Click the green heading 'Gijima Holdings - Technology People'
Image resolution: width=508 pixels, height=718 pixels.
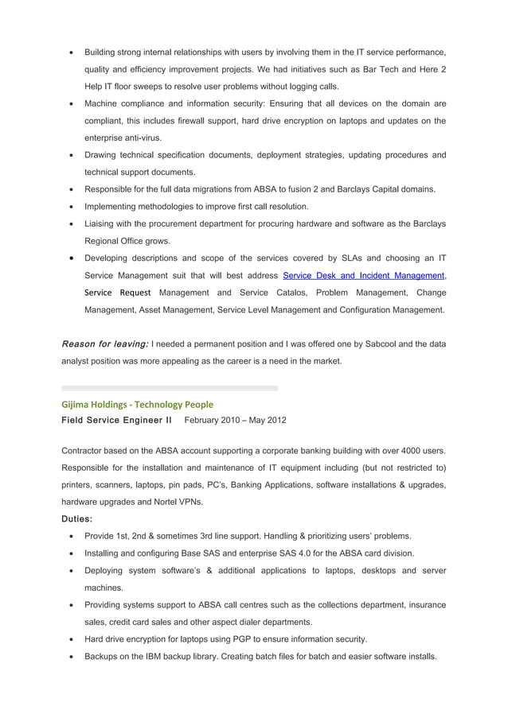tap(137, 404)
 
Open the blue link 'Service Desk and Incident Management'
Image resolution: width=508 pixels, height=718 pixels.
tap(363, 275)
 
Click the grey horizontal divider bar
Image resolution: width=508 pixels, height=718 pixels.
tap(170, 388)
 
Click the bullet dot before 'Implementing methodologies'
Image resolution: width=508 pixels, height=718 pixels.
tap(72, 207)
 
